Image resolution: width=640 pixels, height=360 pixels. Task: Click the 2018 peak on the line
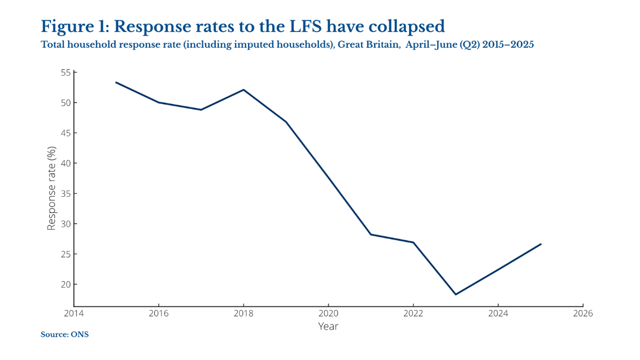(243, 90)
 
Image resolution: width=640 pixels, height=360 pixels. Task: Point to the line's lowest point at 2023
(456, 294)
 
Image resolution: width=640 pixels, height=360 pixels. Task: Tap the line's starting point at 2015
(116, 82)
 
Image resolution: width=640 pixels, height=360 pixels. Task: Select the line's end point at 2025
(541, 244)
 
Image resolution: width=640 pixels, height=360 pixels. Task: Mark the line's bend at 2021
(371, 234)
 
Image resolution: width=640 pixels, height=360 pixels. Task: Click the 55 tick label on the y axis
(66, 72)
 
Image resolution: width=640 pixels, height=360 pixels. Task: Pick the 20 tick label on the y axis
(66, 284)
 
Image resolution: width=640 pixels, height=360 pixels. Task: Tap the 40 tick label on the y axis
(66, 163)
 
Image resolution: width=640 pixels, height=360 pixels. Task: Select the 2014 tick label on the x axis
(74, 313)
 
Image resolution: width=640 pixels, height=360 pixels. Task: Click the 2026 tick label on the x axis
(583, 313)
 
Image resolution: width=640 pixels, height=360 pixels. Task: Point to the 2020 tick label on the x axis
(328, 313)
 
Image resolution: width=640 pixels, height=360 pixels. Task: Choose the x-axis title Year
(328, 326)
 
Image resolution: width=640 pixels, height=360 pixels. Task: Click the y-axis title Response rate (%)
(52, 189)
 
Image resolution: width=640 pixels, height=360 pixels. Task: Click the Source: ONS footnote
(65, 335)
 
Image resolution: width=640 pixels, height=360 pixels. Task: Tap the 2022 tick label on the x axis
(413, 313)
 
